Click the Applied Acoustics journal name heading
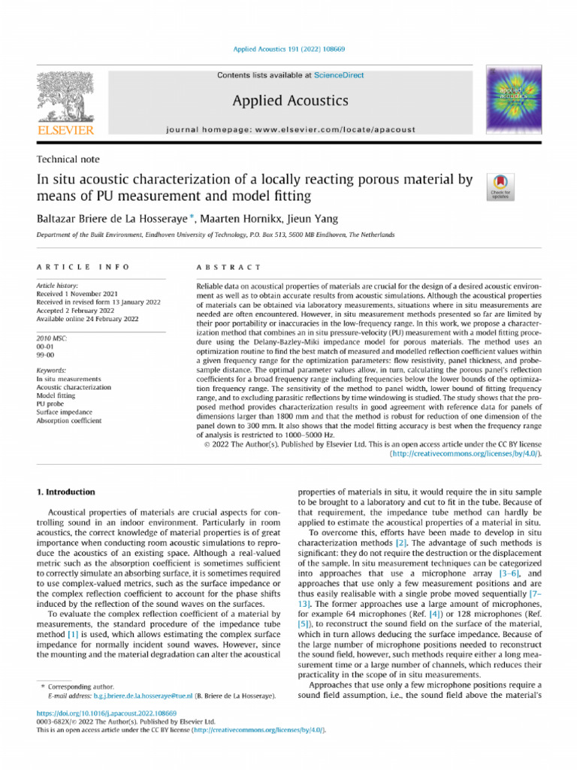pos(290,100)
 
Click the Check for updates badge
pos(500,186)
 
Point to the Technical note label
pos(68,159)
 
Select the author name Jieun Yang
pos(316,219)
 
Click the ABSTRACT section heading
pos(228,267)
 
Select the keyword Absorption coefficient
pos(68,421)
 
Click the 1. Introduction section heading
pos(66,493)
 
